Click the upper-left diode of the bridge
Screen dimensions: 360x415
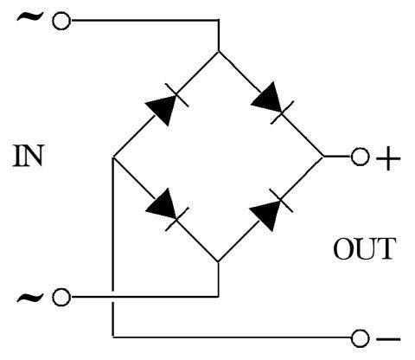(x=165, y=105)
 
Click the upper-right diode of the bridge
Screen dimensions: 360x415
(x=271, y=106)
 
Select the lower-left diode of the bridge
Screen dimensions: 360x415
(x=165, y=208)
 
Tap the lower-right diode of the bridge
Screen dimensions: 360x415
(x=271, y=208)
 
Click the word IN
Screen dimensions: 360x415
(x=29, y=157)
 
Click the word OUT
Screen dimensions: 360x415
(x=364, y=249)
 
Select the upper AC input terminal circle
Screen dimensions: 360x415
(x=61, y=21)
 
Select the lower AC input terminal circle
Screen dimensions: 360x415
(x=61, y=298)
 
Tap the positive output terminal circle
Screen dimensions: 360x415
(x=360, y=157)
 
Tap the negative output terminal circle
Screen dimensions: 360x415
(x=360, y=336)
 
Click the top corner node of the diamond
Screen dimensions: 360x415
(x=218, y=52)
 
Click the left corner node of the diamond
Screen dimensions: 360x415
(x=113, y=157)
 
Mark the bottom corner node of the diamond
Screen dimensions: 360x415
(x=218, y=261)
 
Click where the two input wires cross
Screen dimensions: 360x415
(x=113, y=298)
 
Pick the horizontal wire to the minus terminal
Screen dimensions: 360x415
(x=233, y=336)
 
